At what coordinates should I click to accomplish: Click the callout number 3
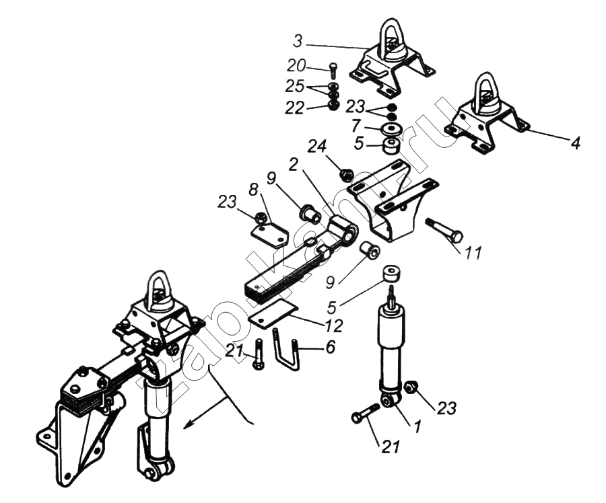click(x=298, y=41)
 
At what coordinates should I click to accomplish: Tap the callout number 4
click(x=576, y=143)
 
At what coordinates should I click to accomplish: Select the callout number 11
click(x=474, y=254)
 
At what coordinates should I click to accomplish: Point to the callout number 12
click(x=334, y=326)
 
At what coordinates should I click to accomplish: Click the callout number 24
click(x=317, y=147)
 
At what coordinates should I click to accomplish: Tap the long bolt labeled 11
click(x=444, y=230)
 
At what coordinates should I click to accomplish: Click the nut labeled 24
click(x=346, y=175)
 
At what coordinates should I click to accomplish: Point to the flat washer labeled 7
click(x=390, y=129)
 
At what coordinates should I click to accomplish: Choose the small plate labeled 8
click(x=269, y=235)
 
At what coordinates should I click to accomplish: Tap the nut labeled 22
click(x=333, y=105)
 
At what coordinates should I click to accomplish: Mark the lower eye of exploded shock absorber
click(x=389, y=401)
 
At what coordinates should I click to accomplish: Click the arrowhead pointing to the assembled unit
click(x=189, y=424)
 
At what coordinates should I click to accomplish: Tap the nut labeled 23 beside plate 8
click(x=261, y=217)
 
